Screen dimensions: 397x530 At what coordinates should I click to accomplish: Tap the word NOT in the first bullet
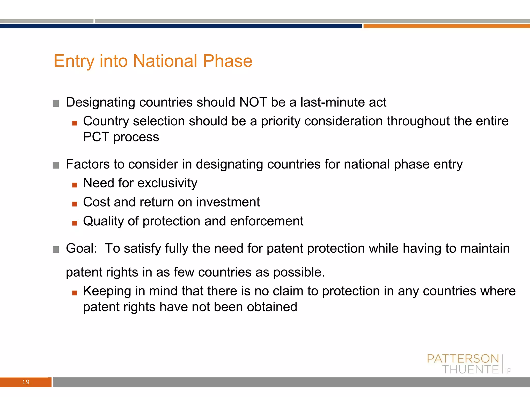coord(253,102)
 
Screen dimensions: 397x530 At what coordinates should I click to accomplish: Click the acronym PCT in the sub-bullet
coord(96,137)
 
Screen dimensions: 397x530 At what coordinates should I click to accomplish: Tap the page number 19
coord(26,382)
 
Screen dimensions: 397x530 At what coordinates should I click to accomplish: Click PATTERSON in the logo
coord(463,359)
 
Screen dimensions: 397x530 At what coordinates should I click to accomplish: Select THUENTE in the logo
coord(470,370)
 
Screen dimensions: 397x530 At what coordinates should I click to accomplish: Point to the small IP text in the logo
coord(508,371)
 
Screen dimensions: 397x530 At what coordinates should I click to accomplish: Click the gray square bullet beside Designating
coord(56,104)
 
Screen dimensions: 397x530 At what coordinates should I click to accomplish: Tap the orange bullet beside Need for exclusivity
coord(75,185)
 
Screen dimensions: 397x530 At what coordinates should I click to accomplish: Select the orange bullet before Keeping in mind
coord(75,293)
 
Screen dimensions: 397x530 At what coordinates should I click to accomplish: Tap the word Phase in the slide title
coord(227,61)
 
